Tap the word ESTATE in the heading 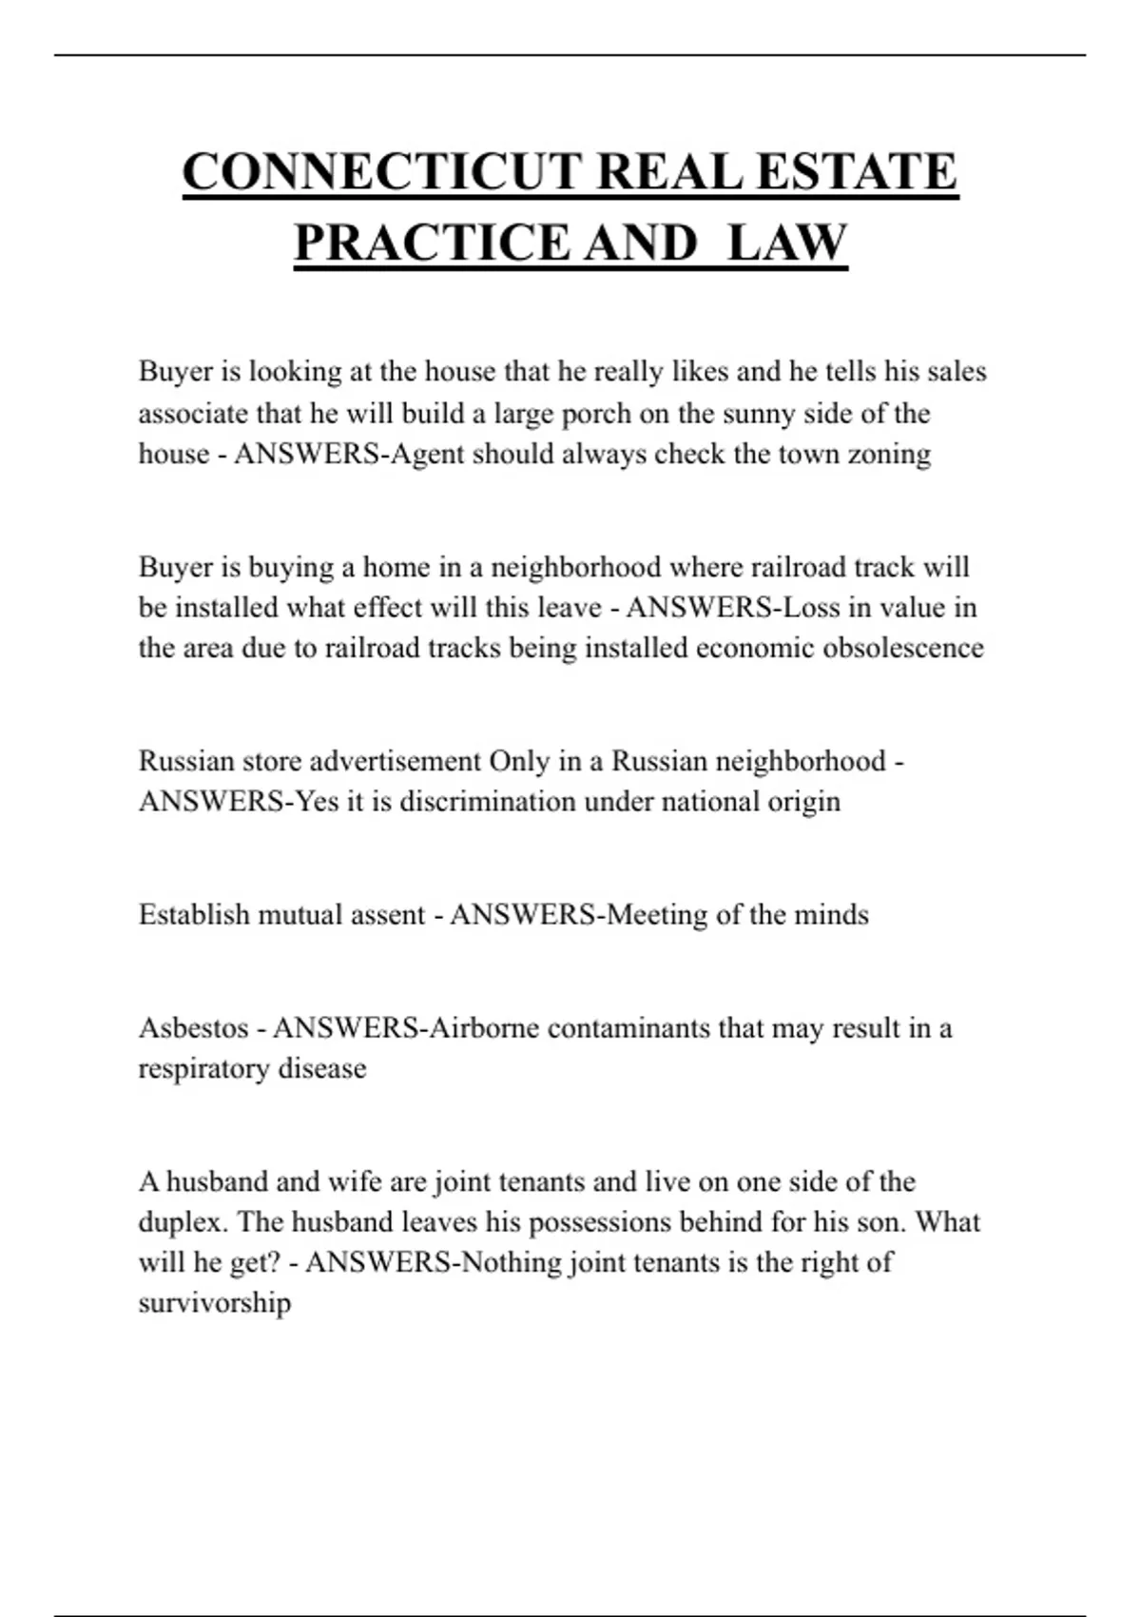click(x=856, y=172)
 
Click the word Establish click(x=193, y=914)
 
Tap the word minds click(x=831, y=914)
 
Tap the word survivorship click(x=214, y=1302)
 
